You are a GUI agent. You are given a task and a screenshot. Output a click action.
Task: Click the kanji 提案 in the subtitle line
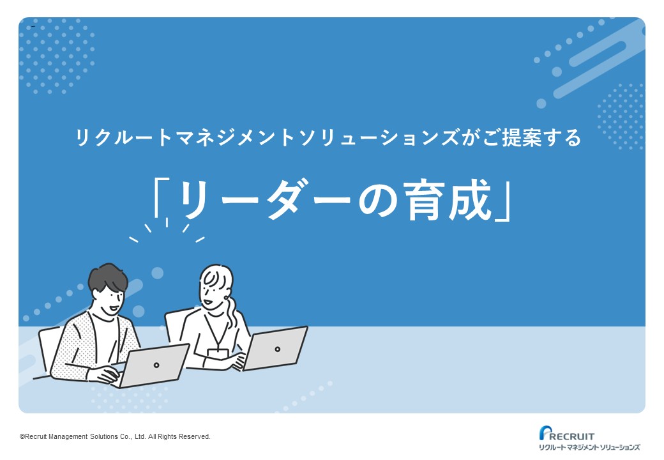click(522, 137)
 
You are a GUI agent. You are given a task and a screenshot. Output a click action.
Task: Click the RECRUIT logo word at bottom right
click(571, 436)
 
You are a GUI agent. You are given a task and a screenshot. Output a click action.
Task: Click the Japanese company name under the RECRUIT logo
click(589, 447)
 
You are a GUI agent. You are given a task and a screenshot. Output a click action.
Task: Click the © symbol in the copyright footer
click(22, 437)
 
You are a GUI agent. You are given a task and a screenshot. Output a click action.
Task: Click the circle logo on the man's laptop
click(156, 365)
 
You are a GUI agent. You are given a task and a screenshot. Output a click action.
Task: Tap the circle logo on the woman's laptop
click(277, 349)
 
